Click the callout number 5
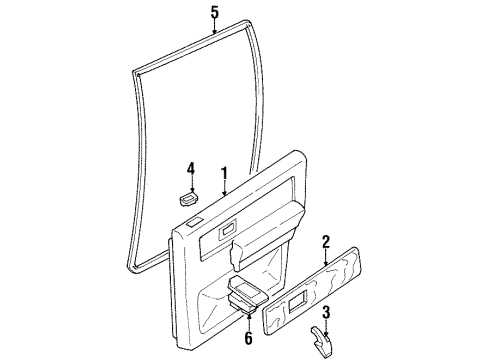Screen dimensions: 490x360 (x=213, y=13)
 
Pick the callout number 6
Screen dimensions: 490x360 (x=249, y=338)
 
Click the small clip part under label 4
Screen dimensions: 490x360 (x=189, y=198)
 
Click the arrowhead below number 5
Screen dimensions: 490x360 (x=213, y=33)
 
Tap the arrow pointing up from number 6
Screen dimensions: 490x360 (x=249, y=314)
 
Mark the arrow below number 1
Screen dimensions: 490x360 (x=225, y=191)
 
